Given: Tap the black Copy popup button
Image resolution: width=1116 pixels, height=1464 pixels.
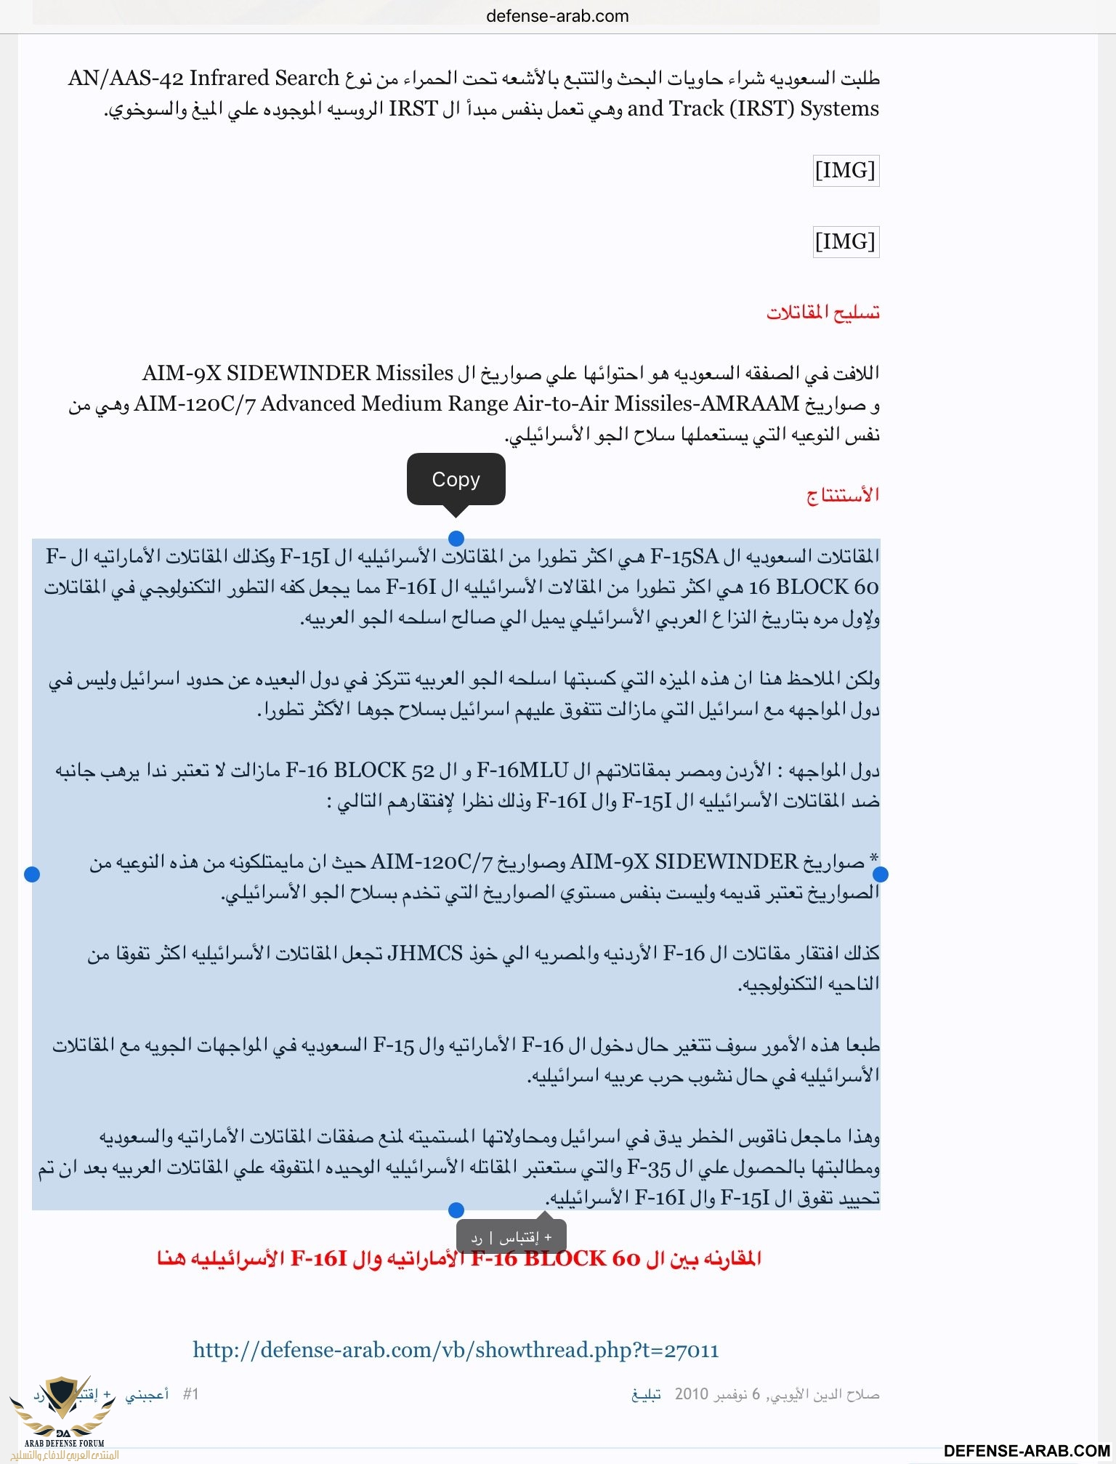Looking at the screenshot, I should pos(456,480).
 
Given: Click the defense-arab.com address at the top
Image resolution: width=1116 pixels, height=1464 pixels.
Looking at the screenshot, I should pos(557,16).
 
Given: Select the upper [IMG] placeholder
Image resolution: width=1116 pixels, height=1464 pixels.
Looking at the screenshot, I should pos(845,170).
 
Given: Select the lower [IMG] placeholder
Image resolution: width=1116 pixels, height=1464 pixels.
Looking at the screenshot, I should pos(845,241).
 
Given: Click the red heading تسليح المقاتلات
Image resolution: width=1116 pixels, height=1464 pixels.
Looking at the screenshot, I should pos(822,313).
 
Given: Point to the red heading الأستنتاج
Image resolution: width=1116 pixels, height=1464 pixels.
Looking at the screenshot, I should pos(843,495).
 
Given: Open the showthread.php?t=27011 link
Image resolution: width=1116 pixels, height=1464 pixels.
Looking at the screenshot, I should pos(456,1350).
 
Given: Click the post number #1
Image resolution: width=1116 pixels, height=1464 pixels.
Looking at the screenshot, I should pos(190,1393).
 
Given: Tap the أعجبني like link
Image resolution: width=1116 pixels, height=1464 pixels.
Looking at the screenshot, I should pos(147,1393).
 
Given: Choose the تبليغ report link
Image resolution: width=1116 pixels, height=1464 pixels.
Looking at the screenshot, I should pos(646,1393).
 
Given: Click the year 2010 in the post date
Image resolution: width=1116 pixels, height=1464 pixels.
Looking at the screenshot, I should pos(691,1393).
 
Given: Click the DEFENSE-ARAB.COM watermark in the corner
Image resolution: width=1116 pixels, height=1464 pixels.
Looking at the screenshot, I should pos(1027,1450).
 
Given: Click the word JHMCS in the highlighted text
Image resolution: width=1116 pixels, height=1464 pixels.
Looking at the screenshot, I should pos(425,953).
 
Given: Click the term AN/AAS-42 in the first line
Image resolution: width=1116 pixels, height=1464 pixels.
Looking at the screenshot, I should pos(125,78).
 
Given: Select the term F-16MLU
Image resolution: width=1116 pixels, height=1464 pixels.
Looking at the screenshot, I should pos(522,770).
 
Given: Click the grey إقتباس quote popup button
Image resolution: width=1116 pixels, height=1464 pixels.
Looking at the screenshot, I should pos(519,1236).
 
